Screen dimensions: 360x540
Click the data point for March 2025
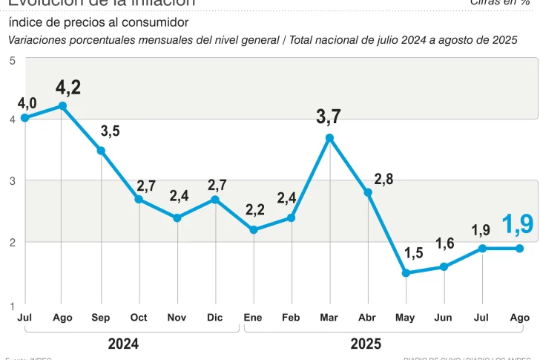[329, 137]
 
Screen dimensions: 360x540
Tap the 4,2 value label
[68, 88]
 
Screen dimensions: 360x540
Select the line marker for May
[406, 273]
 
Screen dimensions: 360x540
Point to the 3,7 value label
[329, 117]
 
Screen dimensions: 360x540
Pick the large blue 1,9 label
[518, 224]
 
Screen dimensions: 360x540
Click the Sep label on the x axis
[101, 318]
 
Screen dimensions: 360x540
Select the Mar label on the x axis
[329, 318]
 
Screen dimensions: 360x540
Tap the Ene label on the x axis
[254, 318]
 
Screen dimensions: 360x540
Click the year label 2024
[123, 344]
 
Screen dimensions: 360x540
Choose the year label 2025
[366, 344]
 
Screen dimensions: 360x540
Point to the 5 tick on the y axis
[13, 61]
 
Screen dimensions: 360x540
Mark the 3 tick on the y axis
[13, 180]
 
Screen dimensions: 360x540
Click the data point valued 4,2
[63, 106]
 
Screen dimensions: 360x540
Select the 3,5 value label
[110, 131]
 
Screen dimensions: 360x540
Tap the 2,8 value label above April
[383, 179]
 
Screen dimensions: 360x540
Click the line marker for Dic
[215, 199]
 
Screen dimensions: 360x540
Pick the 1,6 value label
[445, 244]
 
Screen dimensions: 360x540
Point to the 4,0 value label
[27, 101]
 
